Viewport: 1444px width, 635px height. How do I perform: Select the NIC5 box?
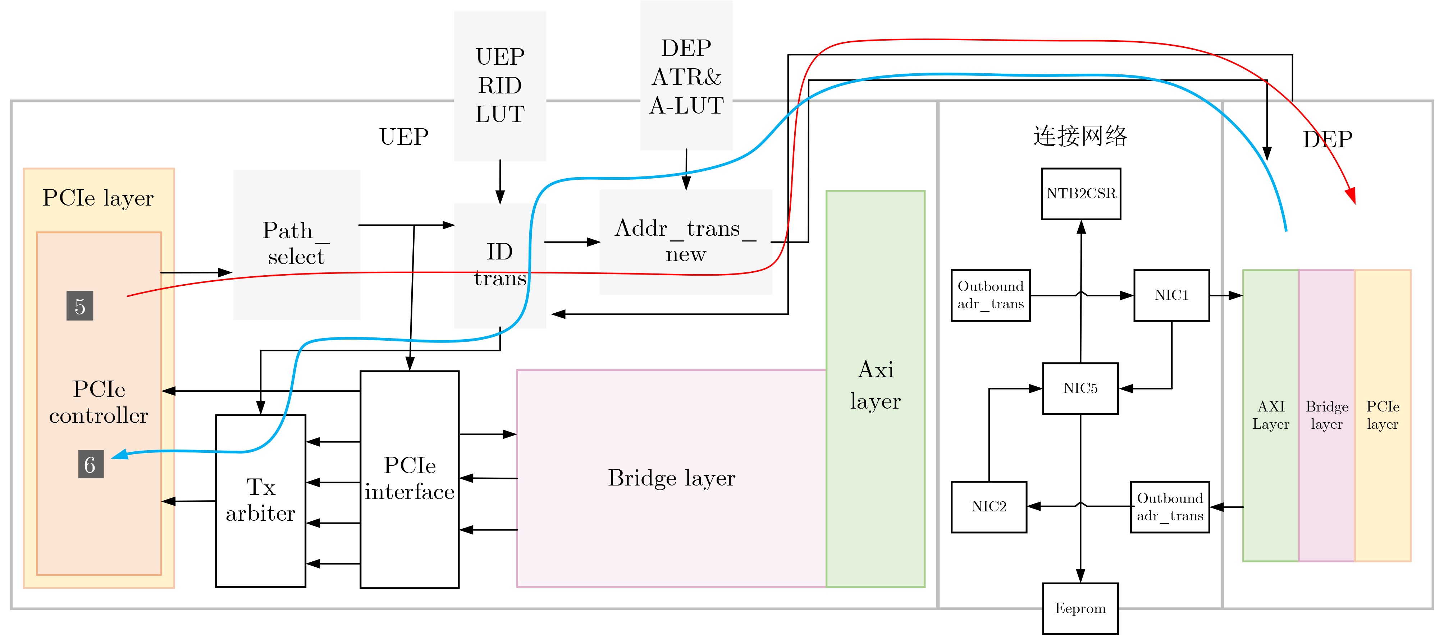coord(1080,388)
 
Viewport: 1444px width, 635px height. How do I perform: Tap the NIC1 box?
coord(1171,295)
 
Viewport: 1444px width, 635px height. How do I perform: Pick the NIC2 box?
coord(988,507)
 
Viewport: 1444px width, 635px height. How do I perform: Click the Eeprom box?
coord(1080,609)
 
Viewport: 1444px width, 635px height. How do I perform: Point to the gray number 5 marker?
coord(79,306)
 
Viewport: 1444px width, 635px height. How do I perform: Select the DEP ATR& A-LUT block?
coord(686,76)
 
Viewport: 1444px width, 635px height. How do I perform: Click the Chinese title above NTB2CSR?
coord(1080,136)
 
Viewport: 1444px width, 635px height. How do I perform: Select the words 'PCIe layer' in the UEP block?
coord(98,198)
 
